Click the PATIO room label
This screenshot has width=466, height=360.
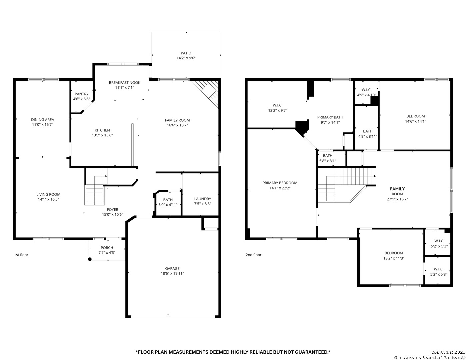point(186,53)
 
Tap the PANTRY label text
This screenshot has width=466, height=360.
point(81,94)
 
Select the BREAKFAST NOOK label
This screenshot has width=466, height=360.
point(125,83)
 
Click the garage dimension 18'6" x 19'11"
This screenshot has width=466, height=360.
point(172,273)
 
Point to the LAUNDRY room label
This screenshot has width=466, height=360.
point(202,199)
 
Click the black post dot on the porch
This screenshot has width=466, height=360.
point(90,259)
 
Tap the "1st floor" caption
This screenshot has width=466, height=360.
point(21,255)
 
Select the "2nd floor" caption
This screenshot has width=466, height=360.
point(253,255)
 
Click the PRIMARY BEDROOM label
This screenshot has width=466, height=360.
point(280,183)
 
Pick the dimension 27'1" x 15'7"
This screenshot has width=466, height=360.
point(397,199)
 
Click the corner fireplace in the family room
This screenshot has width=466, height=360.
point(205,94)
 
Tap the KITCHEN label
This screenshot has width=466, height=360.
point(102,130)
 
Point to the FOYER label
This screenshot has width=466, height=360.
point(113,209)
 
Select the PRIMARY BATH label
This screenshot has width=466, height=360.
point(330,117)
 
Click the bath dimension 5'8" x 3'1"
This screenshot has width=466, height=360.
point(328,161)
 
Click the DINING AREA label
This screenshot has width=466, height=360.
point(42,120)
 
